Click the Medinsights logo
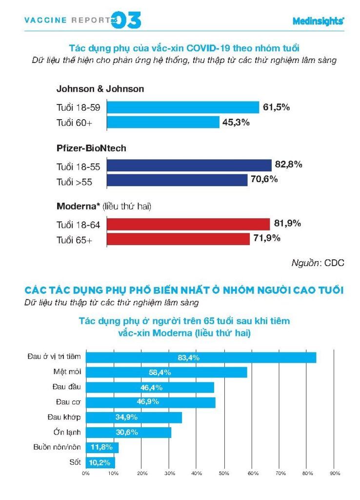[x=318, y=21]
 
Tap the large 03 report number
[x=127, y=20]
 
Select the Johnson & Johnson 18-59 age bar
[x=182, y=107]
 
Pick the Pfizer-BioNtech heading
[x=92, y=148]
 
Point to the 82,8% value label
[x=289, y=165]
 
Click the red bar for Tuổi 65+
[x=178, y=239]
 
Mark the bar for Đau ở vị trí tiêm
[x=201, y=357]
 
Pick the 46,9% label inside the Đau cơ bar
[x=151, y=402]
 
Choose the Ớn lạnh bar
[x=128, y=433]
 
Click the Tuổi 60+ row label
[x=74, y=123]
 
